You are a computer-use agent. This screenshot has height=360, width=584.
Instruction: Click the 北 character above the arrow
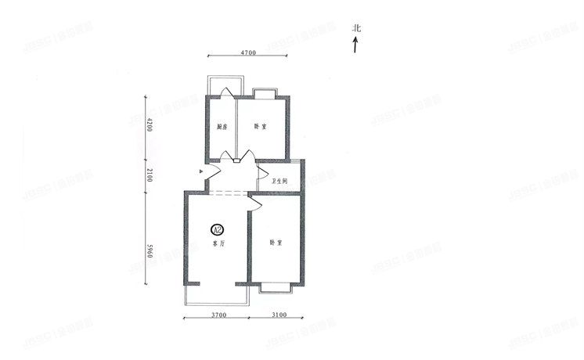click(356, 29)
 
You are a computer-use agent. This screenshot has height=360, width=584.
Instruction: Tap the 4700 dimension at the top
click(247, 52)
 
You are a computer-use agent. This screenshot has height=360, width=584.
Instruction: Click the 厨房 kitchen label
click(222, 128)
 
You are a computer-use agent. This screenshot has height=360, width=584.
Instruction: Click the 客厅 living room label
click(218, 243)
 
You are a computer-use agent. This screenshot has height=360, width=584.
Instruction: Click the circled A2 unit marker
click(218, 229)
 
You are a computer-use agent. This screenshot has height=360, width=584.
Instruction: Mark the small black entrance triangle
click(202, 170)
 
